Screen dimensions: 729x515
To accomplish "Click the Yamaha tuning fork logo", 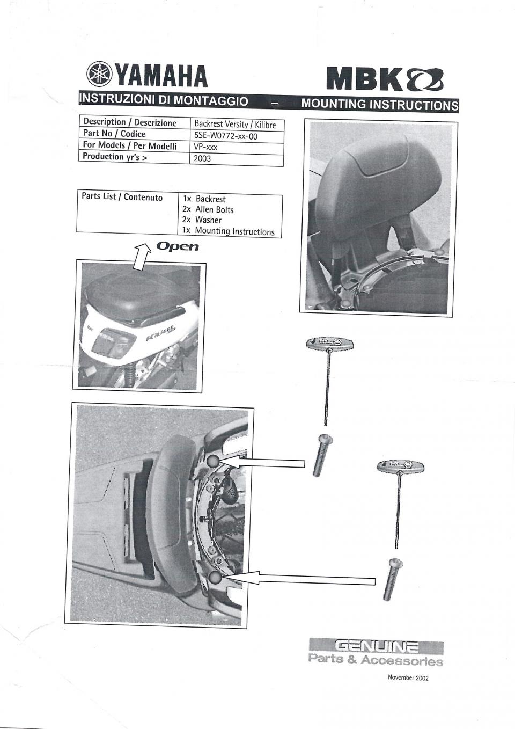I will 99,75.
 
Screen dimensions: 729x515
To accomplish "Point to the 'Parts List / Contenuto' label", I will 122,197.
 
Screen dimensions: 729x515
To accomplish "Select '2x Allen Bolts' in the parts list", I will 208,209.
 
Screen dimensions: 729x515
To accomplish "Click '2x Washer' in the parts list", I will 202,220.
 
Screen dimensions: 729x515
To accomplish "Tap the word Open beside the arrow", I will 178,246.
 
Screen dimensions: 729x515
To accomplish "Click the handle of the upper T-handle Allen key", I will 329,342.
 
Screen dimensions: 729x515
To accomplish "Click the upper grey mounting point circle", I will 212,461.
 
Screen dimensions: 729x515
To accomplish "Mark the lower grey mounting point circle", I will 215,578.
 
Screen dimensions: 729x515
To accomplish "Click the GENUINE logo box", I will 376,647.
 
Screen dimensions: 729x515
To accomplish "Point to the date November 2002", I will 408,677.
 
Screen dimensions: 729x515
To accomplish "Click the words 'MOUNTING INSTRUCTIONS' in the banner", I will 380,104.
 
